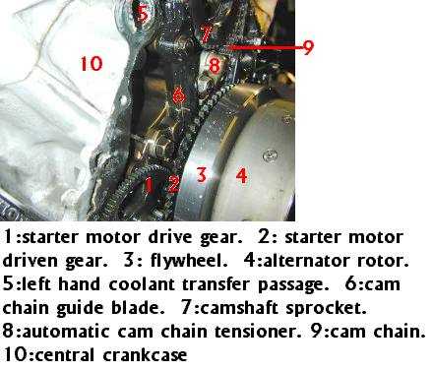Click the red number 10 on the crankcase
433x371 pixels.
(92, 64)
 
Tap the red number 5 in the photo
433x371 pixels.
(142, 14)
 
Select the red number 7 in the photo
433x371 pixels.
(207, 34)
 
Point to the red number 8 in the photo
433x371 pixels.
(215, 65)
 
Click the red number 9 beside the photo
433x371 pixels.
(308, 47)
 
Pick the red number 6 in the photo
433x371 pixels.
(179, 94)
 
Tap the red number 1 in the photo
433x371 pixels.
(150, 185)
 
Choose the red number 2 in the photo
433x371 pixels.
(173, 184)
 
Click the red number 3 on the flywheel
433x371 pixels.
(202, 174)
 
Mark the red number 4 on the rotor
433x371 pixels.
(242, 175)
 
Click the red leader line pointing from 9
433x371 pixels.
(265, 47)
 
